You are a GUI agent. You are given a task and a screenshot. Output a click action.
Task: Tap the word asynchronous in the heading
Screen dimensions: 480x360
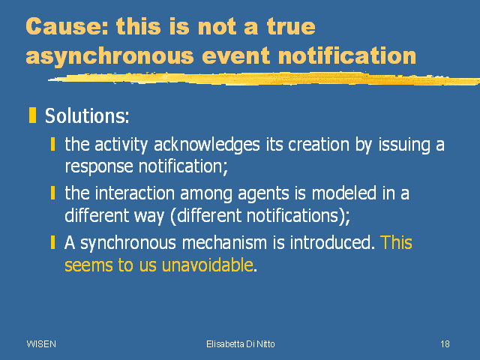tap(110, 57)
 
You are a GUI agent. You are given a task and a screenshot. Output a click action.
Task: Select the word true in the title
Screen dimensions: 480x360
tap(291, 26)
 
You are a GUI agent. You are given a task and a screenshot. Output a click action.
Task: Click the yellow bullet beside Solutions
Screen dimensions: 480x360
tap(32, 115)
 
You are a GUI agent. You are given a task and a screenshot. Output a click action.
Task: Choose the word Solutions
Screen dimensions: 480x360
tap(87, 115)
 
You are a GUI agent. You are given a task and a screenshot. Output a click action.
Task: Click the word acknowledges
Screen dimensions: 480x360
tap(207, 144)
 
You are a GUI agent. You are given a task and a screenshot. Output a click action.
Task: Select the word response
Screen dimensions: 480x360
tap(99, 167)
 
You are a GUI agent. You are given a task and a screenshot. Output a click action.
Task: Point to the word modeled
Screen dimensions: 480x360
tap(343, 193)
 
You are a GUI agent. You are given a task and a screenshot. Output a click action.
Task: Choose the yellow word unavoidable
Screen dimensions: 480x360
tap(207, 265)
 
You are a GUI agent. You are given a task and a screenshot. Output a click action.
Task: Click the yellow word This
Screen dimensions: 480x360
tap(396, 242)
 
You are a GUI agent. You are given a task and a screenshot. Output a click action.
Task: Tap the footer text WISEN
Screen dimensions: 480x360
tap(41, 344)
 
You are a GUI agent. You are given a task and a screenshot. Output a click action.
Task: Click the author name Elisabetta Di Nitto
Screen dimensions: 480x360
tap(241, 344)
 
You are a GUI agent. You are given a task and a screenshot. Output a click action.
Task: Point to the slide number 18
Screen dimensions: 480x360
tap(445, 344)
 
